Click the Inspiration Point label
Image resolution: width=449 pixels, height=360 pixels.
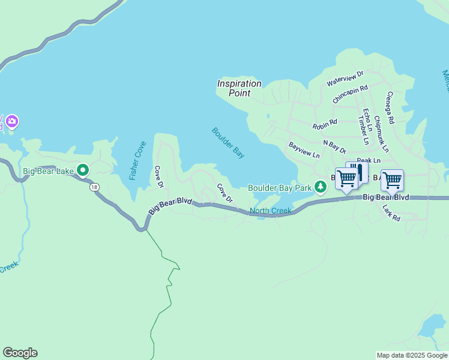(x=239, y=88)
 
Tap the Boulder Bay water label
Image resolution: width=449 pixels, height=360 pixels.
(x=228, y=143)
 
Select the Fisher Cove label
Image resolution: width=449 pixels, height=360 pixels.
(x=137, y=161)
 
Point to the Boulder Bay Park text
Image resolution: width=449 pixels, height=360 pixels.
(x=280, y=188)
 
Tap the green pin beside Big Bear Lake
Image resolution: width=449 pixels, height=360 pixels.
(x=83, y=171)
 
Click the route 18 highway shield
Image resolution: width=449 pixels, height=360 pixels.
(x=95, y=187)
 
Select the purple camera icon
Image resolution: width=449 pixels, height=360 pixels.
(x=11, y=122)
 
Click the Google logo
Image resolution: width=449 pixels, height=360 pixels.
(x=20, y=353)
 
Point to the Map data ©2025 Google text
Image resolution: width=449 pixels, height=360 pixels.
(x=412, y=355)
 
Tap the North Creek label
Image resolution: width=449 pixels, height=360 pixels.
(x=270, y=211)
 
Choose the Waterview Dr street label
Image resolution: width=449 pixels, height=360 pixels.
(x=345, y=78)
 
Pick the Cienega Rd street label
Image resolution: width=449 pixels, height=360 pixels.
(x=390, y=108)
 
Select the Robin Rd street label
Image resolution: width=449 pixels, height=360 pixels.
(x=325, y=125)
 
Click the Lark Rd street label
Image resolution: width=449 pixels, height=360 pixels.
(x=391, y=212)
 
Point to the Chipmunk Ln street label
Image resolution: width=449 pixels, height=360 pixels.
(x=381, y=133)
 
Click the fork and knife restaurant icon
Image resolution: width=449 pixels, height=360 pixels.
(x=358, y=172)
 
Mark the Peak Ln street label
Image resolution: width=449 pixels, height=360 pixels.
(x=369, y=161)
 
